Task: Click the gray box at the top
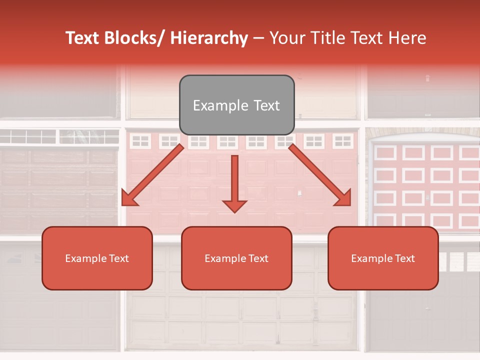(236, 105)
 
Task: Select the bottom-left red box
(97, 258)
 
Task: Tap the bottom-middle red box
(236, 258)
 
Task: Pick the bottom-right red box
(383, 258)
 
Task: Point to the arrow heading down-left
(152, 175)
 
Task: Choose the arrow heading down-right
(320, 175)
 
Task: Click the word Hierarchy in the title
(209, 38)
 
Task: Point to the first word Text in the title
(82, 38)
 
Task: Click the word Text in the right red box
(404, 258)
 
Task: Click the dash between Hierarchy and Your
(258, 38)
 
